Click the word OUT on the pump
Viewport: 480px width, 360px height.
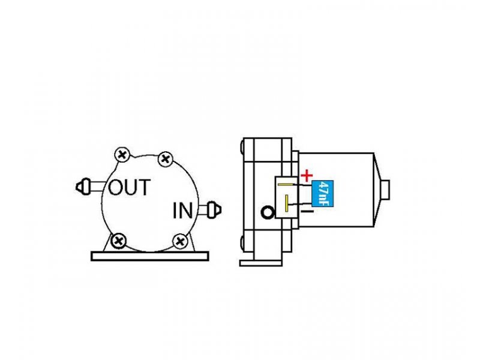point(129,187)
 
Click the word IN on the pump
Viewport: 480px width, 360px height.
point(183,211)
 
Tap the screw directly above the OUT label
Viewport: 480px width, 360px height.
point(122,155)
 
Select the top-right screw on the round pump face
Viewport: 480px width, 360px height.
point(166,159)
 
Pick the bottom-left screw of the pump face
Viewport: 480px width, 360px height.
point(118,241)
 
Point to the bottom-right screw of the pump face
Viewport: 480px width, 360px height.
point(181,242)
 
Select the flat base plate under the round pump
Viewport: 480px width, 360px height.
point(150,256)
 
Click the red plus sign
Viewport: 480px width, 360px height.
point(307,176)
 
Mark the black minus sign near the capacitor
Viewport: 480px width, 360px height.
point(307,212)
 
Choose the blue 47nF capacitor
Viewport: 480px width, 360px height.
point(322,193)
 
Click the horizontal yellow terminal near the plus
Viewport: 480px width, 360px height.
point(286,185)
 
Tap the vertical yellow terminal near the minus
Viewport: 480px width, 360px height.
point(287,203)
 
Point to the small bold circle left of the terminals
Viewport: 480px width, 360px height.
point(268,212)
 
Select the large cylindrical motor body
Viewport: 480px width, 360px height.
point(336,190)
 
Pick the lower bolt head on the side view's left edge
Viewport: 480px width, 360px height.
point(242,244)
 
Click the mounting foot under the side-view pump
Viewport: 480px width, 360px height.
point(261,263)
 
